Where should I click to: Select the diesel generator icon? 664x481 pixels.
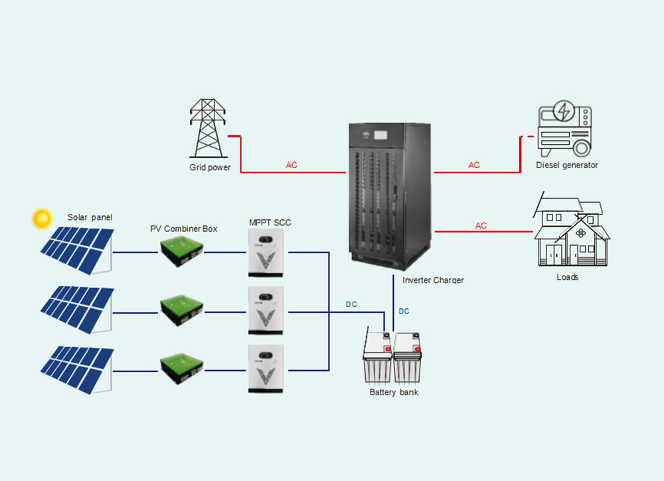[564, 129]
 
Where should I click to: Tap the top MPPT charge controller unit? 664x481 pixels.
[266, 253]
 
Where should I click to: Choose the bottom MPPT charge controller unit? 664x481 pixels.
[266, 367]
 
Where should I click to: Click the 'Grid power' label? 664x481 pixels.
[210, 167]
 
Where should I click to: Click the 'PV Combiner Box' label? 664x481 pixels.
[184, 229]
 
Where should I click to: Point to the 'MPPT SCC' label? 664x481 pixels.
[270, 222]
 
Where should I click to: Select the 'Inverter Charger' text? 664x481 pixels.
[433, 280]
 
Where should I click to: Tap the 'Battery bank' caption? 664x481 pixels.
[394, 393]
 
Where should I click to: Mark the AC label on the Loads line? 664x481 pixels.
[481, 226]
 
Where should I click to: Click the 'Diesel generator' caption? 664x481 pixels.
[567, 165]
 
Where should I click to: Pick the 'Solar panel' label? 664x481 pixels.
[90, 217]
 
